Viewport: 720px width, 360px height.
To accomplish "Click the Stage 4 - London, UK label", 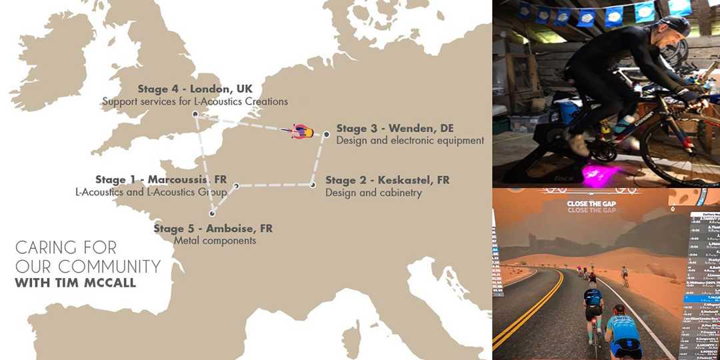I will (x=195, y=89).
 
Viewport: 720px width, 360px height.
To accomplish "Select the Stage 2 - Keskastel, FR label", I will (x=387, y=180).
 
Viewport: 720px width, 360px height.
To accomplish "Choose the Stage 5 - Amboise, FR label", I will (x=213, y=229).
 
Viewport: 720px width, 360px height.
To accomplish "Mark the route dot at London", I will (x=195, y=115).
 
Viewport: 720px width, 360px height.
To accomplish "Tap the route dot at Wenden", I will (x=326, y=135).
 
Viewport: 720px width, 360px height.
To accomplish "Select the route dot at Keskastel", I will (x=312, y=185).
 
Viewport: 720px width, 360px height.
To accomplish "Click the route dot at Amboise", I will (x=212, y=214).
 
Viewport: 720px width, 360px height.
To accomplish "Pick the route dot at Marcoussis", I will (x=236, y=187).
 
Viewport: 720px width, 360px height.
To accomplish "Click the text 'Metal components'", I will (x=215, y=241).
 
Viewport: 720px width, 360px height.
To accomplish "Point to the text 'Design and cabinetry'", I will (x=373, y=193).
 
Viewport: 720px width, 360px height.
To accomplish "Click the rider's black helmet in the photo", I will (x=675, y=27).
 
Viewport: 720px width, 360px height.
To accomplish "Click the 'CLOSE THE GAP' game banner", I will (x=595, y=205).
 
